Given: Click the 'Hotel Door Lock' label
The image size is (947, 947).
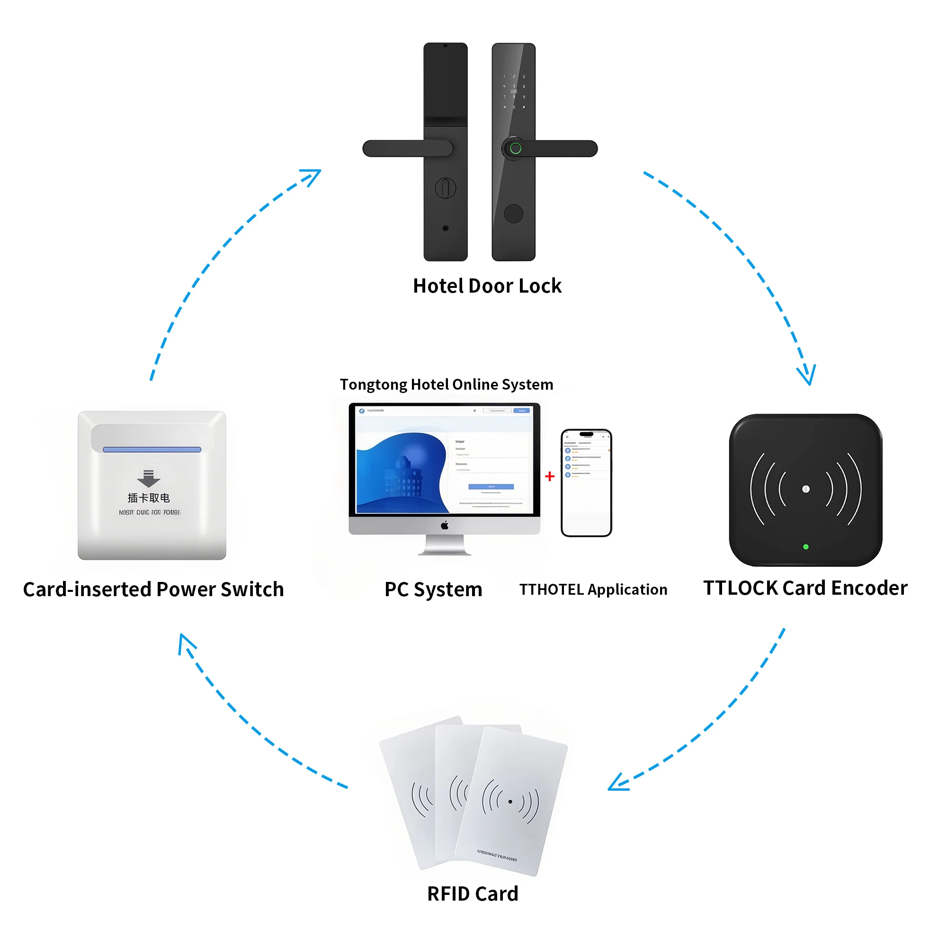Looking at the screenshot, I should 487,286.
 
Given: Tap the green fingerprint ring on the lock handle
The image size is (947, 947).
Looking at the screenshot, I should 515,148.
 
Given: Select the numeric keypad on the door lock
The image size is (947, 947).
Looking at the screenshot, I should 514,92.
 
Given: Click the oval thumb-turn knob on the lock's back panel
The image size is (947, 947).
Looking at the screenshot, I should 445,188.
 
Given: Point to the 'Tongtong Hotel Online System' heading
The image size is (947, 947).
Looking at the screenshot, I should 446,384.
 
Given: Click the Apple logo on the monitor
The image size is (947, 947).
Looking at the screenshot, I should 445,526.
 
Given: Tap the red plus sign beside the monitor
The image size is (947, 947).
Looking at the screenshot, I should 549,476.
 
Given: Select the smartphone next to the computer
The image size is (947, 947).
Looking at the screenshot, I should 586,483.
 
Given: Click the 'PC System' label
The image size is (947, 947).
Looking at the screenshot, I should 433,589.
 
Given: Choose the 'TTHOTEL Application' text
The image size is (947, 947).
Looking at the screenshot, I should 593,589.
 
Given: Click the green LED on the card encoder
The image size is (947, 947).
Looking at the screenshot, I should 806,546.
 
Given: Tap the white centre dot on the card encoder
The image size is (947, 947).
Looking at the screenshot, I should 806,489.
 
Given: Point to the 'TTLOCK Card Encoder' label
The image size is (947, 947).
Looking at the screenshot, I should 805,588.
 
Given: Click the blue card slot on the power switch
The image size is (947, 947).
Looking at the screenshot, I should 152,449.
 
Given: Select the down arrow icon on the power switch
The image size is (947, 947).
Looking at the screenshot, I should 149,478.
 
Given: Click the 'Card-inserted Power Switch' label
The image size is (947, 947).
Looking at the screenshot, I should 153,589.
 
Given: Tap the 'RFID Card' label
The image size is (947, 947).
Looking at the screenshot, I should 473,893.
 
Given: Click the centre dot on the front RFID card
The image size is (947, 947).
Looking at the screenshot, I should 510,802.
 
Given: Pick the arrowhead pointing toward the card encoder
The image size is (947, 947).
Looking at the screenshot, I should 807,375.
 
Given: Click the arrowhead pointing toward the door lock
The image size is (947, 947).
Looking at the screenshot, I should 312,177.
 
